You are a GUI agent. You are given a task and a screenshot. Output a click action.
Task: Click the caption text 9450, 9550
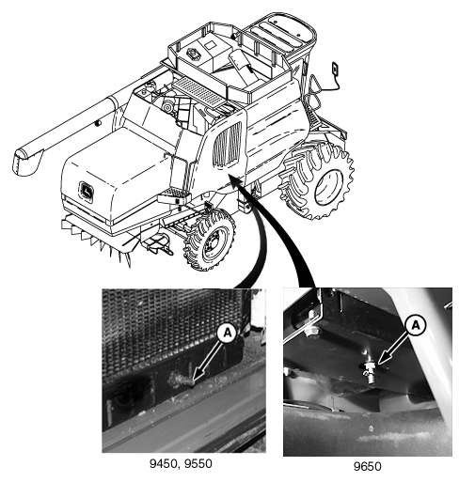pyautogui.click(x=181, y=463)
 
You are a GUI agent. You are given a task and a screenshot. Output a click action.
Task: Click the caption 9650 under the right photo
pyautogui.click(x=368, y=466)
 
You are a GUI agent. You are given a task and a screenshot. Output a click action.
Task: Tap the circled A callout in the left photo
pyautogui.click(x=228, y=333)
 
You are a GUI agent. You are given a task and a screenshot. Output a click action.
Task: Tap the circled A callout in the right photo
pyautogui.click(x=416, y=326)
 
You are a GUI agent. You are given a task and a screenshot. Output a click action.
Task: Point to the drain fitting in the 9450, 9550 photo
pyautogui.click(x=181, y=380)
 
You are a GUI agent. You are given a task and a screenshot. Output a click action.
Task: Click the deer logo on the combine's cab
pyautogui.click(x=87, y=191)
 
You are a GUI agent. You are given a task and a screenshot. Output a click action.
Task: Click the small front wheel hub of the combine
pyautogui.click(x=214, y=243)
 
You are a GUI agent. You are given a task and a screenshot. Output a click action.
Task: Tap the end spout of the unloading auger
pyautogui.click(x=25, y=162)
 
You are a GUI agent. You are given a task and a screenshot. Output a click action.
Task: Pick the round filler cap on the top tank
pyautogui.click(x=194, y=54)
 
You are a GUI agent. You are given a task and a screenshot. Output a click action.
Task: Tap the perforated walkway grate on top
pyautogui.click(x=198, y=91)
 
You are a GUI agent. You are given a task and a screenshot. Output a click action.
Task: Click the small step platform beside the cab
pyautogui.click(x=174, y=196)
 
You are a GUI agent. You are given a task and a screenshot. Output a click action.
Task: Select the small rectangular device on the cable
pyautogui.click(x=335, y=69)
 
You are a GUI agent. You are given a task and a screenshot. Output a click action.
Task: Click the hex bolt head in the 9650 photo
pyautogui.click(x=311, y=330)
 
